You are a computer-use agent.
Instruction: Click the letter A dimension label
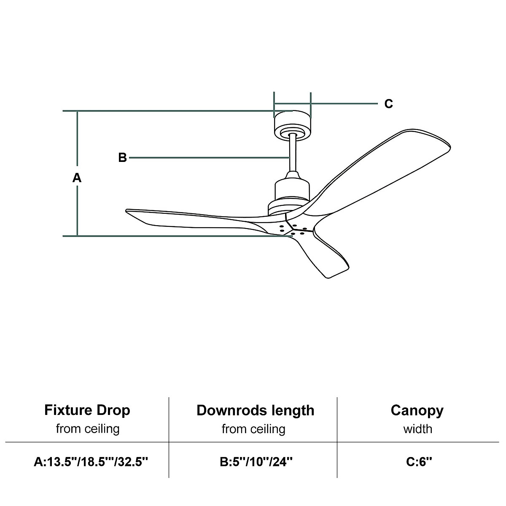click(x=77, y=178)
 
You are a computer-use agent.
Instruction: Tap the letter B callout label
click(x=122, y=158)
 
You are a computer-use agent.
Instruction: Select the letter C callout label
click(x=388, y=104)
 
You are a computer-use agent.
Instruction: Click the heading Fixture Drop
click(x=87, y=410)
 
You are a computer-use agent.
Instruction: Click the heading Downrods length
click(x=255, y=410)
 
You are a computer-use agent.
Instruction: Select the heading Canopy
click(x=417, y=410)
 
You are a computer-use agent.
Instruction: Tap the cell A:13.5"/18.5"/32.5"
click(x=91, y=462)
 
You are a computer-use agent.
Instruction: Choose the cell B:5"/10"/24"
click(x=256, y=462)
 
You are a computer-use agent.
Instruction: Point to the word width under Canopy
click(x=417, y=429)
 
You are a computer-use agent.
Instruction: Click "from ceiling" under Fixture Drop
click(x=88, y=429)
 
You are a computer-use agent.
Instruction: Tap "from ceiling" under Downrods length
click(x=253, y=429)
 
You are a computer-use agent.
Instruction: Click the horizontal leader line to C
click(x=344, y=103)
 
